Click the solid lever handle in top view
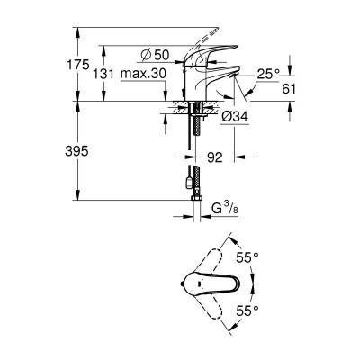click(x=214, y=282)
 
